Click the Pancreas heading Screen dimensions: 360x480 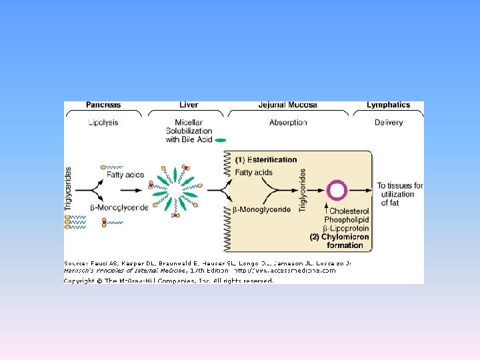103,105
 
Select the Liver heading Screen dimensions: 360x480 189,105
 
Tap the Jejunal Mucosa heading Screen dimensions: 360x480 288,105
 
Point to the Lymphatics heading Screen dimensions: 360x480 388,105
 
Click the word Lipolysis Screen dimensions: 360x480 103,122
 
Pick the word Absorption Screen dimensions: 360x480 288,122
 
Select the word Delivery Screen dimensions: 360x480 389,122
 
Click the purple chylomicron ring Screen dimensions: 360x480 337,191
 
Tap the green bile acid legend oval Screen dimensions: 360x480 221,140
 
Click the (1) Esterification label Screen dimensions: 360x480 266,160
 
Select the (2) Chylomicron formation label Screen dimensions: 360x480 337,241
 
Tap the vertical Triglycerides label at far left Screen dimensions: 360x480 68,189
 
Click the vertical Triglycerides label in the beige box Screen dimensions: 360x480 303,191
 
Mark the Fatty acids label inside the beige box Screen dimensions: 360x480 253,173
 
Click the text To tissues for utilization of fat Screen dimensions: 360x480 399,194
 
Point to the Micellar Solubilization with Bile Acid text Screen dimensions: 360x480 188,131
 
